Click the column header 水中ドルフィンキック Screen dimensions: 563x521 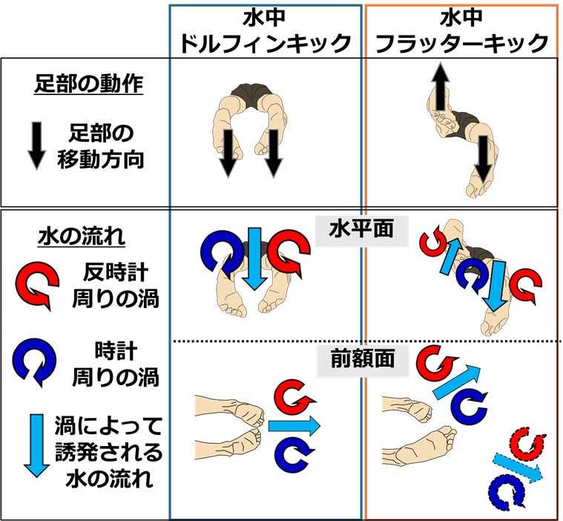pos(265,32)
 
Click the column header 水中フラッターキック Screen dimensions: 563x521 pos(461,32)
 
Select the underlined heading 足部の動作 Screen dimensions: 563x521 pos(89,84)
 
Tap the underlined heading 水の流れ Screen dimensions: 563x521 pos(82,237)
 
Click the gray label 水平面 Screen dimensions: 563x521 pos(361,229)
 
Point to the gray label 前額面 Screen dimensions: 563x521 pos(363,358)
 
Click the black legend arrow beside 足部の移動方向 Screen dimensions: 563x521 pos(36,145)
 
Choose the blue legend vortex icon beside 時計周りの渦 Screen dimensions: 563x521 pos(34,361)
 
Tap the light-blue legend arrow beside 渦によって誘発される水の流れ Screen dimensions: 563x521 pos(36,445)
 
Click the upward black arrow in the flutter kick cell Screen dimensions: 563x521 pos(440,86)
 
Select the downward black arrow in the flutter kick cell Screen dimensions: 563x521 pos(484,159)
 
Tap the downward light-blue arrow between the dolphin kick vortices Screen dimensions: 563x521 pos(254,259)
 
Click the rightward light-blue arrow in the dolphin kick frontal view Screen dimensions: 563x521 pos(294,426)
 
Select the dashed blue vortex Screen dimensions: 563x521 pos(507,492)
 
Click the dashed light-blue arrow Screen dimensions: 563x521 pos(517,467)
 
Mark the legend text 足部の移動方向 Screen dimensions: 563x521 pos(101,146)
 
